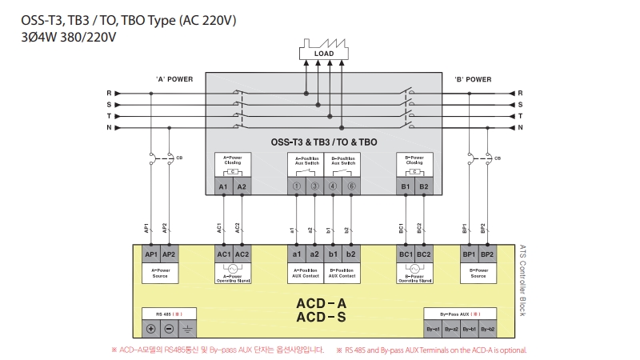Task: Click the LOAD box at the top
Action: [324, 54]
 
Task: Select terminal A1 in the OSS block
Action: [222, 186]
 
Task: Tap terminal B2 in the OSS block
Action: [424, 186]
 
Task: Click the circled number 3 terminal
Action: [315, 186]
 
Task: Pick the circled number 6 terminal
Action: [351, 186]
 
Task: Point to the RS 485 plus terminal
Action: [150, 329]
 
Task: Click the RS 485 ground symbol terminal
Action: [187, 329]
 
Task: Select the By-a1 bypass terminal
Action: [433, 329]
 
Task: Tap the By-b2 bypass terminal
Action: [486, 329]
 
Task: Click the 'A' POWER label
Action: [174, 79]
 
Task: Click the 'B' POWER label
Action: [473, 79]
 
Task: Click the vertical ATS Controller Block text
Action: [522, 280]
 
